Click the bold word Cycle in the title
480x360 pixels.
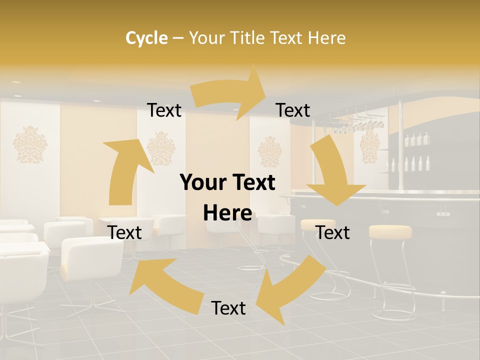[146, 38]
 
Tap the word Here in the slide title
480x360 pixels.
[326, 38]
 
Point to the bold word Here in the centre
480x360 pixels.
[227, 213]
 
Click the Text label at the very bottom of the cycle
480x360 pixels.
[228, 308]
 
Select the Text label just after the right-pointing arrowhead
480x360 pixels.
[293, 110]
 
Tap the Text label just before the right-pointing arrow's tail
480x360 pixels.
[164, 110]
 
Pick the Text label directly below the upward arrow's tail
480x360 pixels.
[125, 232]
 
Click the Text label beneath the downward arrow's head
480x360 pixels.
[332, 232]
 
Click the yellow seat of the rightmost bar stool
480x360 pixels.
[390, 231]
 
